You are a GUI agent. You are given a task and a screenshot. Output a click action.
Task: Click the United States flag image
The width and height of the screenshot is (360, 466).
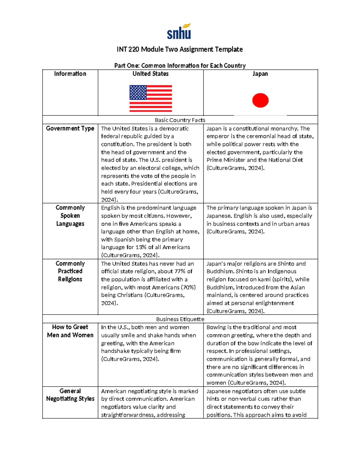click(151, 98)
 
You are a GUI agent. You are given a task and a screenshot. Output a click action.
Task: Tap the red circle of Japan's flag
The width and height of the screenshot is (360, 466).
click(260, 100)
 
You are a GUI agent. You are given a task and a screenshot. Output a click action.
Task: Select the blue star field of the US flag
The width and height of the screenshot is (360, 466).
click(138, 92)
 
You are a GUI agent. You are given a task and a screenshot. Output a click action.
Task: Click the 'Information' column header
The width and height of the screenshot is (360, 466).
click(70, 74)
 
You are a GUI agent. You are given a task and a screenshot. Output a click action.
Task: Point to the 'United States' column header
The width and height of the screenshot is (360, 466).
click(151, 74)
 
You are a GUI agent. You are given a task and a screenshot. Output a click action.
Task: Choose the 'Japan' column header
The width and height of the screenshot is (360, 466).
click(260, 74)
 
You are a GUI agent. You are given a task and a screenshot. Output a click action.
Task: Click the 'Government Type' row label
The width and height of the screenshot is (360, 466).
click(70, 128)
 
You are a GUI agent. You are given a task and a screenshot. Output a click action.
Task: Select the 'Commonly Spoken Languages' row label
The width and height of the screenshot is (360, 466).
click(70, 215)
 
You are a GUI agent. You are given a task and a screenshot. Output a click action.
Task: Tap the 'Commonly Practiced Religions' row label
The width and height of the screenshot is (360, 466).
click(70, 271)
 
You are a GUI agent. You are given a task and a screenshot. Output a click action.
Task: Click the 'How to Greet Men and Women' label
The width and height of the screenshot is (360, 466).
click(70, 331)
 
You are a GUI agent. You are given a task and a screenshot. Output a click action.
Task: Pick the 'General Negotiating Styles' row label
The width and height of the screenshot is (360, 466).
click(70, 395)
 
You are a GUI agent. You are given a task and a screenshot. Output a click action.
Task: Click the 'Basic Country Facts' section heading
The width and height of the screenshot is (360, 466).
click(180, 120)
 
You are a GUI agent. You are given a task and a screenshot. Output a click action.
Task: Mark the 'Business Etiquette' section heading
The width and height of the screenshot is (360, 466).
click(180, 319)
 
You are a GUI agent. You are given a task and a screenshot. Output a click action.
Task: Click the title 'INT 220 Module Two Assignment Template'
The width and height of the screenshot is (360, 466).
click(180, 49)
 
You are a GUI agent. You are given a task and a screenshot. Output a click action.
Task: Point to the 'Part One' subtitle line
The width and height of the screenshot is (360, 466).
click(180, 65)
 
